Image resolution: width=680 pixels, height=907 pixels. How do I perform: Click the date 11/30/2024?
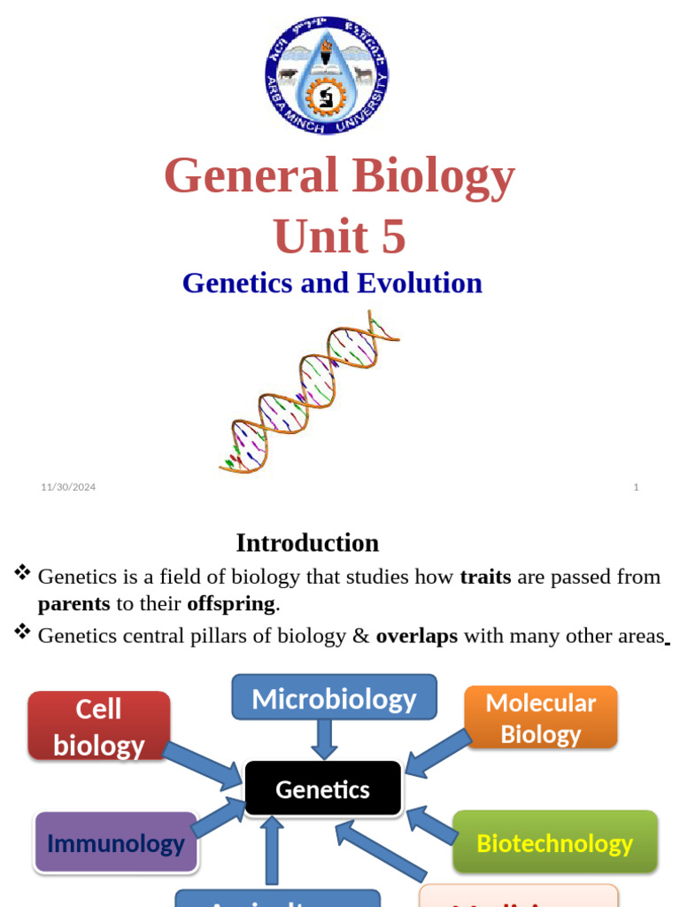point(68,486)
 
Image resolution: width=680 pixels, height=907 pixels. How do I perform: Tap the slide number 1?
point(636,486)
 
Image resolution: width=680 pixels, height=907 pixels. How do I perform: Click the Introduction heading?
point(307,543)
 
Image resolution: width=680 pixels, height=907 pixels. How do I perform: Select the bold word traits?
point(485,578)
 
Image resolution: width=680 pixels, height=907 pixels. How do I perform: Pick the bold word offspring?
point(231,605)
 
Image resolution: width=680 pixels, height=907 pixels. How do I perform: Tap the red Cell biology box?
point(98,725)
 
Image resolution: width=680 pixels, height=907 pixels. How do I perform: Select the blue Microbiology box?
point(334,698)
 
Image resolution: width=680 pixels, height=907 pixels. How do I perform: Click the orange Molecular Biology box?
point(540,717)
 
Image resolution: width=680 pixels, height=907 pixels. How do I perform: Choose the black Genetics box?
point(322,788)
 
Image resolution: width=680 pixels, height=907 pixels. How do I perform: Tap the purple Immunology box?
point(115,842)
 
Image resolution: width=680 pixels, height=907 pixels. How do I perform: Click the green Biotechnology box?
point(554,842)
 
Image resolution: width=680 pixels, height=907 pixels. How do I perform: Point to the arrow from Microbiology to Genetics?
point(324,739)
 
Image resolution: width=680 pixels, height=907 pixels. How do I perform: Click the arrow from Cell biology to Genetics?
point(204,764)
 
